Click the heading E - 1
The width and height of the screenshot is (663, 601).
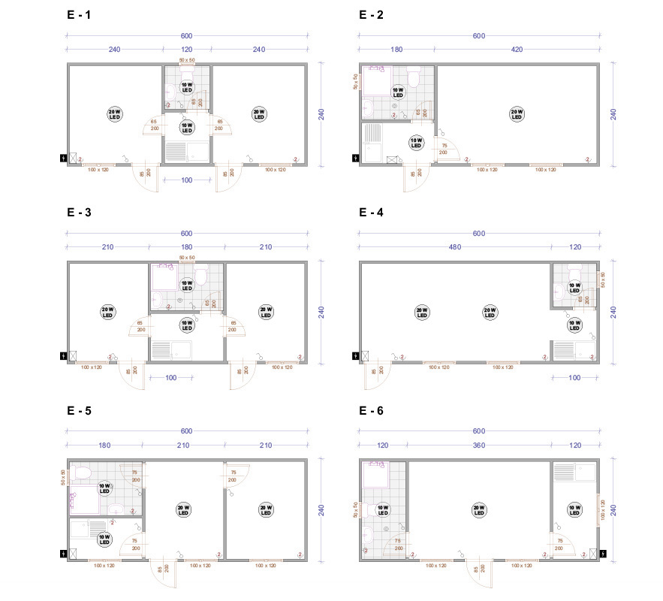point(79,14)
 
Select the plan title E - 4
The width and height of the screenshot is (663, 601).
point(371,213)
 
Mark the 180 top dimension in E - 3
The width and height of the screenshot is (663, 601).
point(186,248)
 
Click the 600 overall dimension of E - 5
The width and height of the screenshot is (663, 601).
point(186,430)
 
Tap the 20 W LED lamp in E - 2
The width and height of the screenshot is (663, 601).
point(516,114)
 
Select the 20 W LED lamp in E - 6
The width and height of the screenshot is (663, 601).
point(478,510)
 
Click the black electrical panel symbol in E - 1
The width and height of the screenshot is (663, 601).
point(63,158)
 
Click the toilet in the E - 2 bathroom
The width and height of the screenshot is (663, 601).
point(412,78)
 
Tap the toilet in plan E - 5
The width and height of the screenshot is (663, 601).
point(83,472)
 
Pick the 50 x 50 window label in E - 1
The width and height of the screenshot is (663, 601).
point(186,59)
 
